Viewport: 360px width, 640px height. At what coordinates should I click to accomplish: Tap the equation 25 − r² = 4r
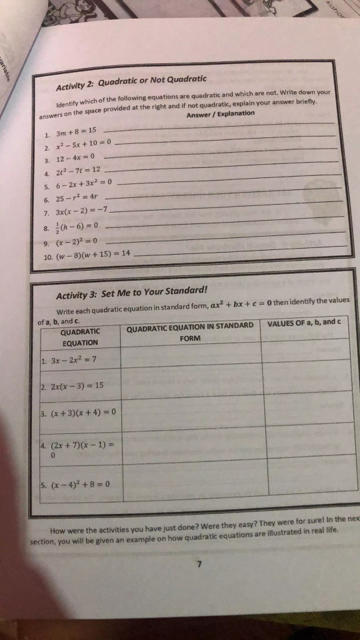pyautogui.click(x=76, y=198)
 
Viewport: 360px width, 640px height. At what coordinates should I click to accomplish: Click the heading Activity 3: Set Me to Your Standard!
pyautogui.click(x=132, y=291)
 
